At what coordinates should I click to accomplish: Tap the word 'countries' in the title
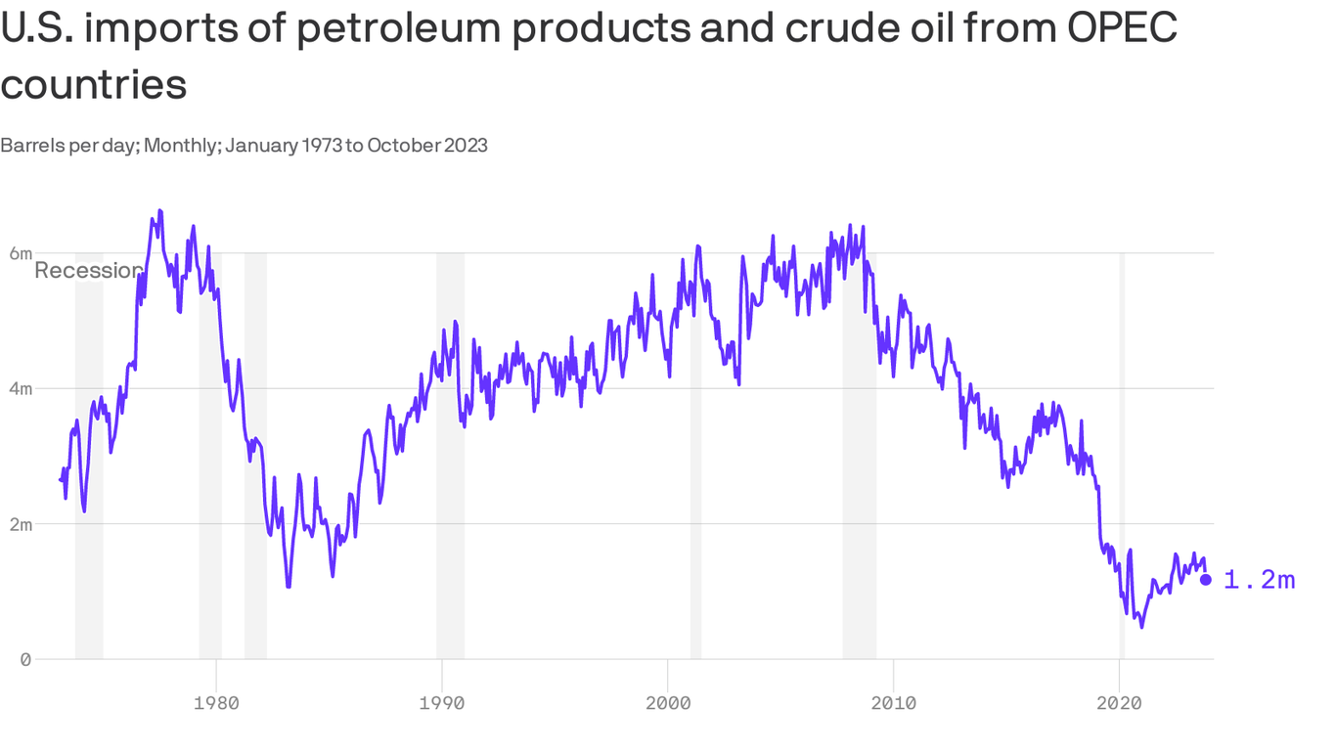click(x=94, y=85)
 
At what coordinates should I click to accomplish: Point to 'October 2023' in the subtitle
click(x=427, y=146)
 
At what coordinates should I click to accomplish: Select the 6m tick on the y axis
click(x=21, y=253)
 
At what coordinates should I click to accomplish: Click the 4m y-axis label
click(x=21, y=388)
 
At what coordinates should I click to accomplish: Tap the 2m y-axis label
click(x=21, y=524)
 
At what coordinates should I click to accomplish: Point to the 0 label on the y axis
click(x=25, y=659)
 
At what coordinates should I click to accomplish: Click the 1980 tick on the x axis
click(x=216, y=702)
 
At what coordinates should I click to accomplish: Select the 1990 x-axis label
click(x=442, y=702)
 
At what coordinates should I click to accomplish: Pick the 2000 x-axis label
click(x=668, y=702)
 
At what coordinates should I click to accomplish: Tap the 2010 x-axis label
click(x=893, y=702)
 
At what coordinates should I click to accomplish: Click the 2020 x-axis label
click(x=1119, y=702)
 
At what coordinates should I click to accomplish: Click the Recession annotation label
click(x=88, y=271)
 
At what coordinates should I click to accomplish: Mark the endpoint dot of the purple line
click(x=1206, y=580)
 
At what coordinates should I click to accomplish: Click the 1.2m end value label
click(x=1260, y=581)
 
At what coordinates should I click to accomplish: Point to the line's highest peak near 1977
click(x=159, y=210)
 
